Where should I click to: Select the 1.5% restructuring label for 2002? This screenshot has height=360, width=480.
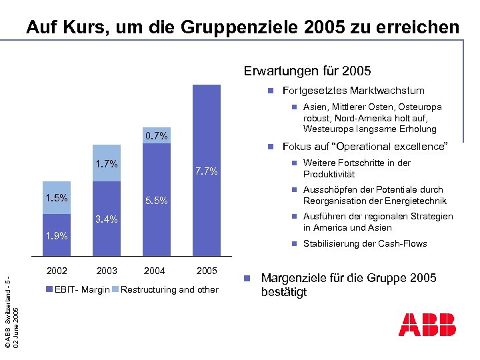(x=57, y=198)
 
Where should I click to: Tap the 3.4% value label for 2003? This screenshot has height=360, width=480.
(x=107, y=219)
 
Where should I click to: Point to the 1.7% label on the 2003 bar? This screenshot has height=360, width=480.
(x=107, y=163)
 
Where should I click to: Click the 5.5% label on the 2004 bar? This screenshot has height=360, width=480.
(x=157, y=201)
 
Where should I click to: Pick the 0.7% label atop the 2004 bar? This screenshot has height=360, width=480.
(x=157, y=136)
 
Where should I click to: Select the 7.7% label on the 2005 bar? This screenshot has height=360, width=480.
(x=207, y=171)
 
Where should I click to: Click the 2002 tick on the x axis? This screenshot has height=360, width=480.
(x=57, y=271)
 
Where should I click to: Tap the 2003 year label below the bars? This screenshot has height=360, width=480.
(x=107, y=271)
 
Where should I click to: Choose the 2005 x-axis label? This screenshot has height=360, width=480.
(x=207, y=271)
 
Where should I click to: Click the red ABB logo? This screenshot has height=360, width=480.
(x=427, y=324)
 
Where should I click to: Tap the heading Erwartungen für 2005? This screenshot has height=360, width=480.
(x=307, y=71)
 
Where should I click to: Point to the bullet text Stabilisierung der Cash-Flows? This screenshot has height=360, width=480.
(x=365, y=243)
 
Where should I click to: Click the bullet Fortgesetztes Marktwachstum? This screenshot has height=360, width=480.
(x=353, y=91)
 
